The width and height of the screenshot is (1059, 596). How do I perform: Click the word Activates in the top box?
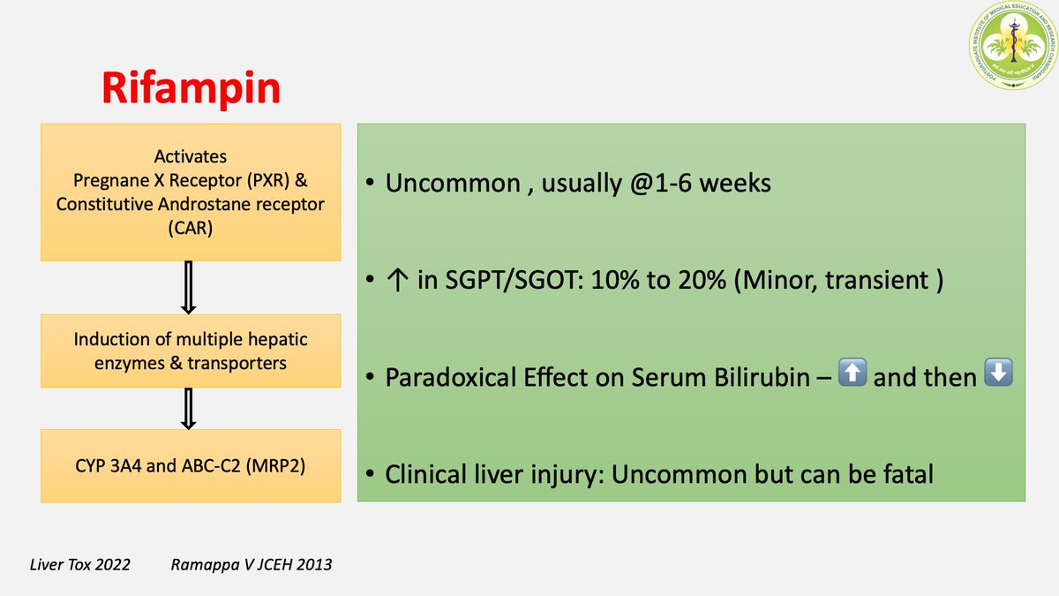(190, 156)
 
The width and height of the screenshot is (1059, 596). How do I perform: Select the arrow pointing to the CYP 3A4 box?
(188, 407)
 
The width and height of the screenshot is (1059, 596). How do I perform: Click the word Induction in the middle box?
(108, 339)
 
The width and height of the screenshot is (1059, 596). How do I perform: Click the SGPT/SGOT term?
(483, 281)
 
